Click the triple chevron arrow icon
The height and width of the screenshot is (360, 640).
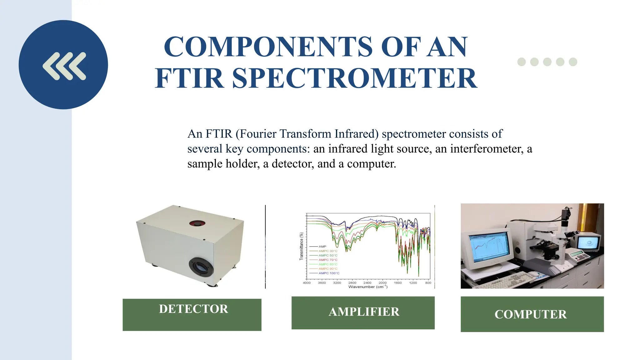64,66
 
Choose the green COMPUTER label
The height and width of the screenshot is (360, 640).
532,314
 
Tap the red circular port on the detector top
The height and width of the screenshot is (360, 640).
197,223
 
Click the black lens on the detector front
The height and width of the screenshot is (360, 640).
201,267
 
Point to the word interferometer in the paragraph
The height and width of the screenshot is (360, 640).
487,149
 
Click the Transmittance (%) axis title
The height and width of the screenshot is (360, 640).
302,246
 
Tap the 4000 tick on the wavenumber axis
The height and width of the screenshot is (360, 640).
307,283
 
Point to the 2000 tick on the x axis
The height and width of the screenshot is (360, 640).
382,283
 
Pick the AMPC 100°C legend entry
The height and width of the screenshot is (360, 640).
328,273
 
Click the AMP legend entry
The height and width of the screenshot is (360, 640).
322,247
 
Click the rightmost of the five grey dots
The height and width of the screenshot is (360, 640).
573,62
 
